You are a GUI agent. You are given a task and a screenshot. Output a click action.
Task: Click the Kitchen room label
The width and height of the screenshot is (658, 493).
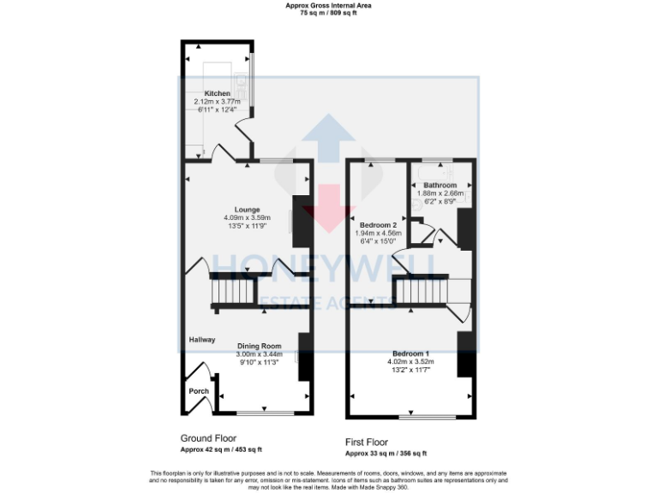point(217,93)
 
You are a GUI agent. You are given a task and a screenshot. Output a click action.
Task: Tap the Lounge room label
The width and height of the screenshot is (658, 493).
point(247,210)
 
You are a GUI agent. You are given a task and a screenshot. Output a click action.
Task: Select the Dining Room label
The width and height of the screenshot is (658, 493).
point(259,347)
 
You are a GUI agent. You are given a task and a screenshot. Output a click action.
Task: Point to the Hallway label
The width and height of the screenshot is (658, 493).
point(201,340)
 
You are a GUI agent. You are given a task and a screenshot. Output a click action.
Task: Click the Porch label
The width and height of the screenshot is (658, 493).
point(199,391)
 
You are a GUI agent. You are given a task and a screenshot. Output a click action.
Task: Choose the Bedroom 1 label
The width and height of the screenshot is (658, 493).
point(410,353)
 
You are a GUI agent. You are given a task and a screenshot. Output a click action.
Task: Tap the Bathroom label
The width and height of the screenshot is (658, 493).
point(439,185)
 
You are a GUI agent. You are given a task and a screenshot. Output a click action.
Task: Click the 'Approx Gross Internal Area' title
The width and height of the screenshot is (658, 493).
point(329,5)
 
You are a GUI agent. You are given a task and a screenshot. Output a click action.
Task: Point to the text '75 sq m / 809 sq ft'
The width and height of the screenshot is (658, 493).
point(329,13)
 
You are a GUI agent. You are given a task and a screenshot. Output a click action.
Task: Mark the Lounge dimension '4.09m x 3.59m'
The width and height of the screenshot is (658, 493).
point(247,218)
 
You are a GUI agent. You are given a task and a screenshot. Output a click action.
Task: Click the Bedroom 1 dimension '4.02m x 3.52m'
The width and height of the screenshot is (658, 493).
point(410,362)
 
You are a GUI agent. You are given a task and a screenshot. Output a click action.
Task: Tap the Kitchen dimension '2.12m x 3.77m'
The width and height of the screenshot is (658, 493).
point(218,102)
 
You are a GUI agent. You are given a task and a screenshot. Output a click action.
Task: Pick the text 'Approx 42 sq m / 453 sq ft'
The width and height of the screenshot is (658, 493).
point(221,449)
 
